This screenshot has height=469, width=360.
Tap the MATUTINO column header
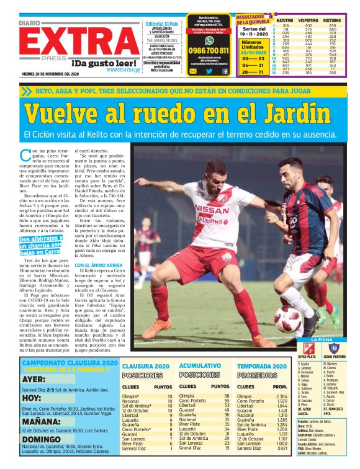click(285, 20)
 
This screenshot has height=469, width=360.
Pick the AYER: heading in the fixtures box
click(34, 378)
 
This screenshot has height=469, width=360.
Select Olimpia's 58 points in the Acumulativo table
click(227, 396)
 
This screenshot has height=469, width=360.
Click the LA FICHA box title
click(325, 340)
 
